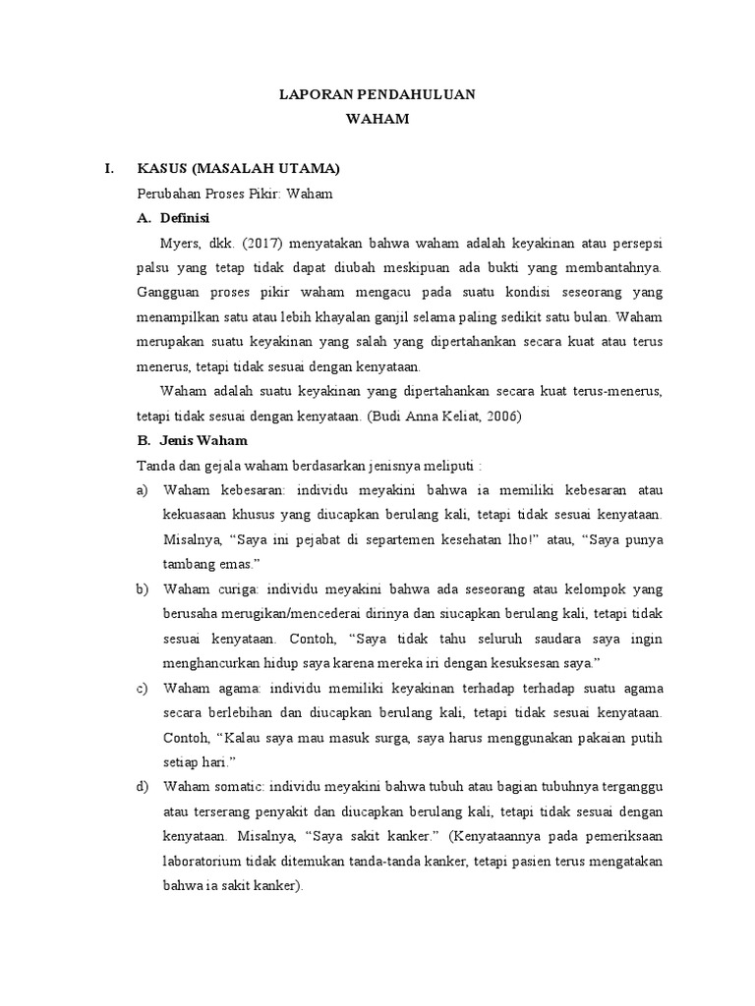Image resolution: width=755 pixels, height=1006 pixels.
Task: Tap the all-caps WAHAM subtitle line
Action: pyautogui.click(x=377, y=120)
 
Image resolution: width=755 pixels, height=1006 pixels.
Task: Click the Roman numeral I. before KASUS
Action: pyautogui.click(x=110, y=169)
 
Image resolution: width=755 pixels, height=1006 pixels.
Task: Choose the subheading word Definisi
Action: pyautogui.click(x=187, y=217)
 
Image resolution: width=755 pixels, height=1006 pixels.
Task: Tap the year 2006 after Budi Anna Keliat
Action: pyautogui.click(x=500, y=416)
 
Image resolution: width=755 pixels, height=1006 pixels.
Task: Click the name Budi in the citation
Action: pyautogui.click(x=393, y=416)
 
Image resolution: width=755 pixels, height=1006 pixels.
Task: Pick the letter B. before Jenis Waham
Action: pyautogui.click(x=144, y=440)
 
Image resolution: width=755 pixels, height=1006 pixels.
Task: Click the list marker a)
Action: pyautogui.click(x=143, y=489)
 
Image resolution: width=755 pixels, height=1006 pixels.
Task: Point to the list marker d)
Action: pyautogui.click(x=143, y=787)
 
